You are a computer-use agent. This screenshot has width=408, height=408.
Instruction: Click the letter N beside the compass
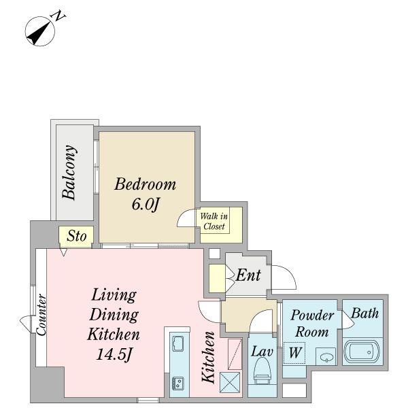pyautogui.click(x=59, y=16)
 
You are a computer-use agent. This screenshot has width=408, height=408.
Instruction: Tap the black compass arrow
pyautogui.click(x=39, y=33)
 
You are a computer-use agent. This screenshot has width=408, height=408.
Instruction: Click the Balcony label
pyautogui.click(x=69, y=172)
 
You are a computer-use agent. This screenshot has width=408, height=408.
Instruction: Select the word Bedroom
pyautogui.click(x=146, y=184)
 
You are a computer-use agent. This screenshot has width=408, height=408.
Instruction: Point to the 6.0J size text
pyautogui.click(x=146, y=204)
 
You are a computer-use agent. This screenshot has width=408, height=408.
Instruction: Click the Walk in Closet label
pyautogui.click(x=214, y=221)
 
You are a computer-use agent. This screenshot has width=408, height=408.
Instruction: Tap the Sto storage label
pyautogui.click(x=76, y=236)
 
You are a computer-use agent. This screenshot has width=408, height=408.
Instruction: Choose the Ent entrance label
pyautogui.click(x=248, y=275)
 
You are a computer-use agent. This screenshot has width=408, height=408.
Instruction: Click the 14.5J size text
pyautogui.click(x=114, y=354)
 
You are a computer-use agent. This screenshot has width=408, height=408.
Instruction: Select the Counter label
pyautogui.click(x=41, y=315)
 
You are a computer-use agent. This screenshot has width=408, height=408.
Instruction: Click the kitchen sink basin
pyautogui.click(x=178, y=343)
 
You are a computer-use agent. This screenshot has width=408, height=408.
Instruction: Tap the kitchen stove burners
pyautogui.click(x=178, y=383)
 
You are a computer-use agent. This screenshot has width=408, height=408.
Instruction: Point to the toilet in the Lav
pyautogui.click(x=262, y=371)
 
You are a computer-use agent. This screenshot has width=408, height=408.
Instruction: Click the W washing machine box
pyautogui.click(x=294, y=353)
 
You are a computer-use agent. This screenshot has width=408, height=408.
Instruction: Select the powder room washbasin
pyautogui.click(x=326, y=357)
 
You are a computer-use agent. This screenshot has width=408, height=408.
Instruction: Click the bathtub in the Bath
pyautogui.click(x=362, y=352)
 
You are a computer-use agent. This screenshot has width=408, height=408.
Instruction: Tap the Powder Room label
pyautogui.click(x=312, y=323)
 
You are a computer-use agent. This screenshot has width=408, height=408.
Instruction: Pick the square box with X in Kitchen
pyautogui.click(x=230, y=382)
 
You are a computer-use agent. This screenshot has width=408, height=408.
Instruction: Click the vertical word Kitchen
pyautogui.click(x=209, y=358)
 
